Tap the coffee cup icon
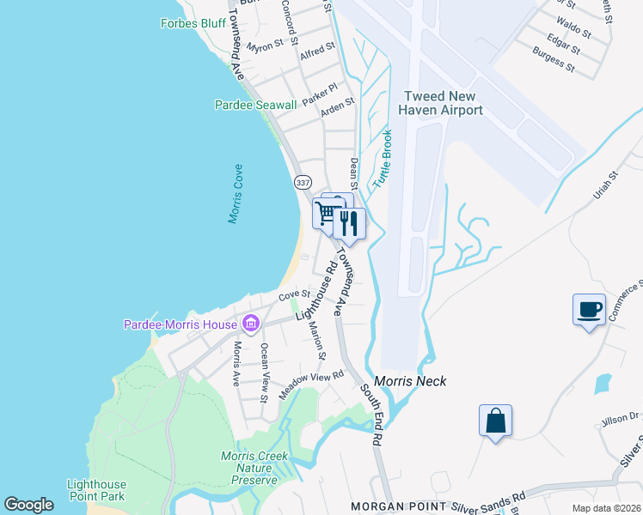click(589, 309)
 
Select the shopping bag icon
click(495, 421)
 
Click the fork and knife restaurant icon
click(349, 223)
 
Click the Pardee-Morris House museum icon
click(250, 324)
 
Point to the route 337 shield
click(302, 183)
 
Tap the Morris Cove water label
click(236, 194)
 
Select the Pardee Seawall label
click(255, 105)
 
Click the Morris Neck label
click(410, 381)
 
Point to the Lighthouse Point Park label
click(96, 490)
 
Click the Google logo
click(28, 505)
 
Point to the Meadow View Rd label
click(310, 385)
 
